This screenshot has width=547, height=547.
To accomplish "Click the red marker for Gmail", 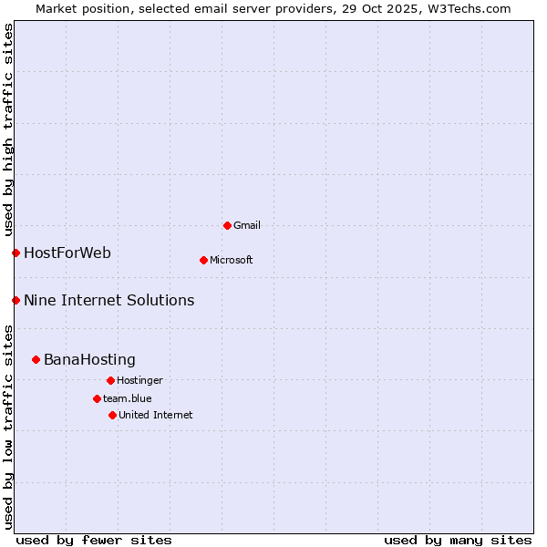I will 227,225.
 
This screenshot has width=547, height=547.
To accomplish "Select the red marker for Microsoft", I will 203,260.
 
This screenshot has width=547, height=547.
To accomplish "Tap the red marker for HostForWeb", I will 15,253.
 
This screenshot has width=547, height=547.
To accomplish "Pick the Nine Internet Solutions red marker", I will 15,300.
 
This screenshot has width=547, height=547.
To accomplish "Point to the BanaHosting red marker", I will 36,359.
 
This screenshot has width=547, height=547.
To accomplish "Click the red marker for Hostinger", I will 110,380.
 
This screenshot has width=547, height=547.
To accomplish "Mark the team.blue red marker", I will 97,398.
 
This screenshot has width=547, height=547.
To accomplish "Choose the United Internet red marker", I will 112,415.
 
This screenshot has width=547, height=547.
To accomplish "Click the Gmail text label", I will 247,225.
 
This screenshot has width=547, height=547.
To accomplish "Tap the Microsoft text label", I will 232,260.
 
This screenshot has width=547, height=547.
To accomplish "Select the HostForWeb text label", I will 67,253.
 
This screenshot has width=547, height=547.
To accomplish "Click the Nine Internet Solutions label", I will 108,300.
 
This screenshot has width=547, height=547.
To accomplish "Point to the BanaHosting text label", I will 89,359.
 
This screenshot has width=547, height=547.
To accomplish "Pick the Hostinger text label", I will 139,380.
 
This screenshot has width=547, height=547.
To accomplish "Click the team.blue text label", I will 127,398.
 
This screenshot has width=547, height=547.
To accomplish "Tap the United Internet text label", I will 155,415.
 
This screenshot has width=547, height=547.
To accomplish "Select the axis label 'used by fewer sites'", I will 94,540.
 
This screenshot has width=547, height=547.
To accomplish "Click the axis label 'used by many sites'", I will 458,540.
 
